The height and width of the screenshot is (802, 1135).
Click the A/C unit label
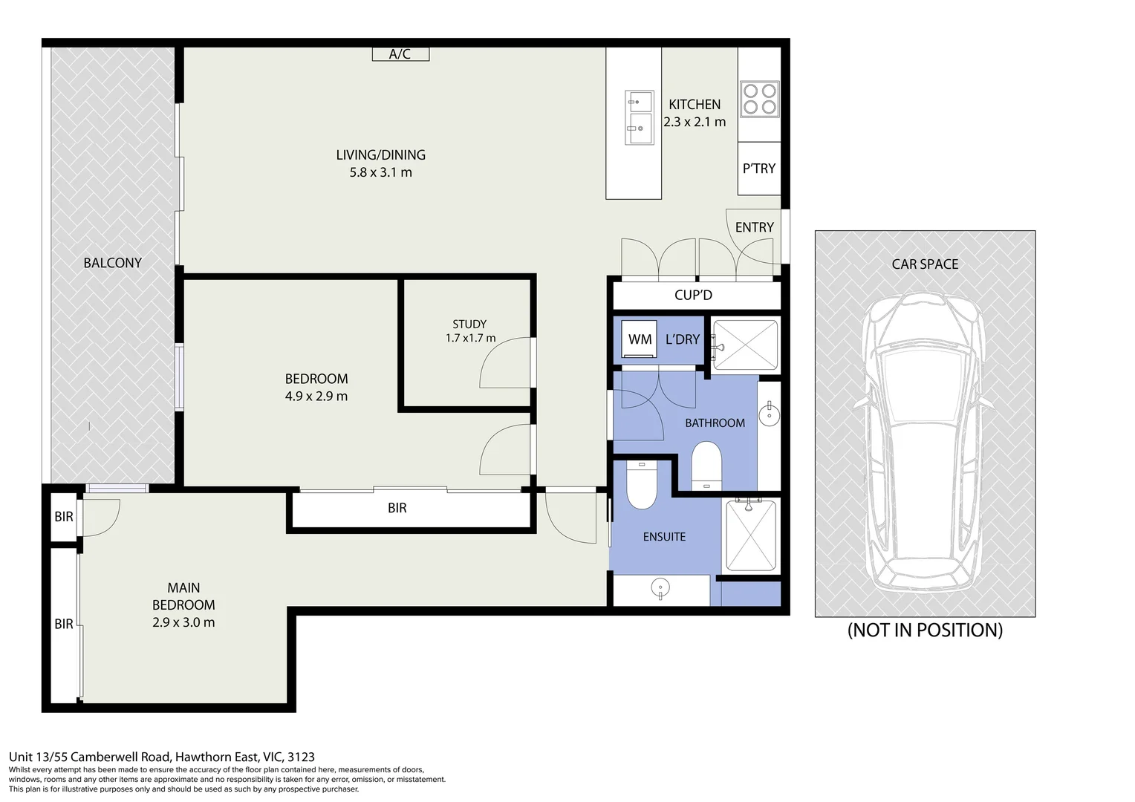[x=400, y=53]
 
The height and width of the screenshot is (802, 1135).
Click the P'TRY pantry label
[x=758, y=169]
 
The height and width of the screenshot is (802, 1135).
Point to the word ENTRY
[x=754, y=227]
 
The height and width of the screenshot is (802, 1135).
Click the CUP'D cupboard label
[x=693, y=295]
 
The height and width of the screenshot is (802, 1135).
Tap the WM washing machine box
[x=640, y=339]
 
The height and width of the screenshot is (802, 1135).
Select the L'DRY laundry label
[x=682, y=339]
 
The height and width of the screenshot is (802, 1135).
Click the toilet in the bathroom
[x=706, y=466]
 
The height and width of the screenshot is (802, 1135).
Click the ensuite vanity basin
[x=660, y=590]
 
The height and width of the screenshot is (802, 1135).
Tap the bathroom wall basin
[x=769, y=414]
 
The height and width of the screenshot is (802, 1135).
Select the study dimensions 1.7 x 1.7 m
[x=470, y=338]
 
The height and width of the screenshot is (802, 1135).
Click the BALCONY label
[x=112, y=263]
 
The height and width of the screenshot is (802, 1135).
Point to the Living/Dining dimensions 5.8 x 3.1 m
[x=380, y=172]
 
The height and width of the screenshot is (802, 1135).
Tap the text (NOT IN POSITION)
[x=925, y=630]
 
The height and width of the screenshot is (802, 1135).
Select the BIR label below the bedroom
[x=397, y=508]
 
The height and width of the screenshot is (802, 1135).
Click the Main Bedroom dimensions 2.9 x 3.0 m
[x=183, y=622]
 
